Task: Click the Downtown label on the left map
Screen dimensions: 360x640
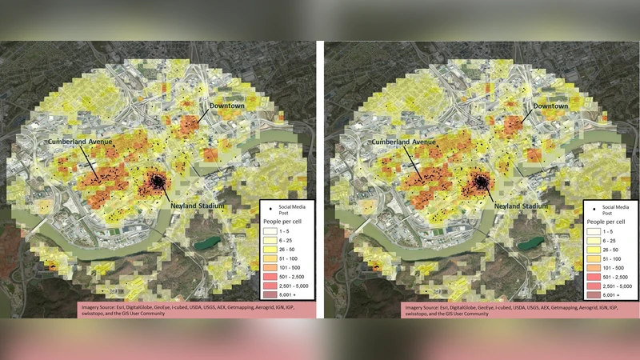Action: [x=226, y=106]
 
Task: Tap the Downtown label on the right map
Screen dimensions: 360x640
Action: [x=546, y=106]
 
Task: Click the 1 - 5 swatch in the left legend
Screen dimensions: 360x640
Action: [x=270, y=230]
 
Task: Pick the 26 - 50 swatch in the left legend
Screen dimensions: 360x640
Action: [x=270, y=250]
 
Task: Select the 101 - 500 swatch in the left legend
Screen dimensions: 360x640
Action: [x=270, y=267]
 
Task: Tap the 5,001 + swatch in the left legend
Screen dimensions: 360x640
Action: [x=270, y=294]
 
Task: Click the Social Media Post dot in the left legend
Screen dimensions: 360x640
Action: [x=270, y=210]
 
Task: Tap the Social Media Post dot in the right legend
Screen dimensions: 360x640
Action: [x=593, y=210]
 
